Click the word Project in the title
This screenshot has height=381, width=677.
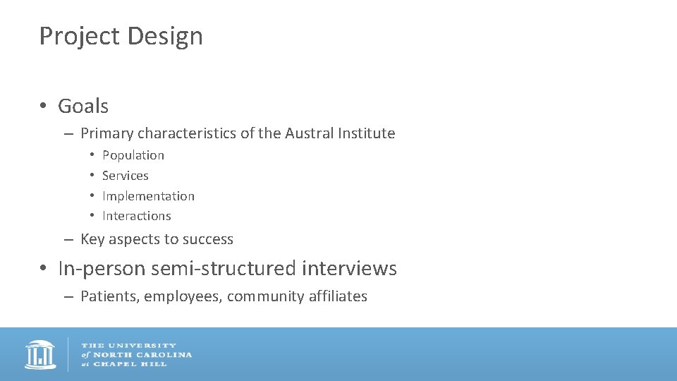(x=78, y=36)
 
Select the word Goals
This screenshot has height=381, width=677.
(x=83, y=106)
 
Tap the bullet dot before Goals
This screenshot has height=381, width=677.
(x=44, y=106)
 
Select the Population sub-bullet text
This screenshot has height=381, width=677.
(x=133, y=155)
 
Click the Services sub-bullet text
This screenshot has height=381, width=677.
(x=126, y=176)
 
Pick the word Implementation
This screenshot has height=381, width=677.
(x=148, y=196)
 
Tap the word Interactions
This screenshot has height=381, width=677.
(x=137, y=216)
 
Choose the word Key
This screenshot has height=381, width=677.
(x=92, y=239)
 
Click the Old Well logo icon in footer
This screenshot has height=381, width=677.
(x=40, y=355)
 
